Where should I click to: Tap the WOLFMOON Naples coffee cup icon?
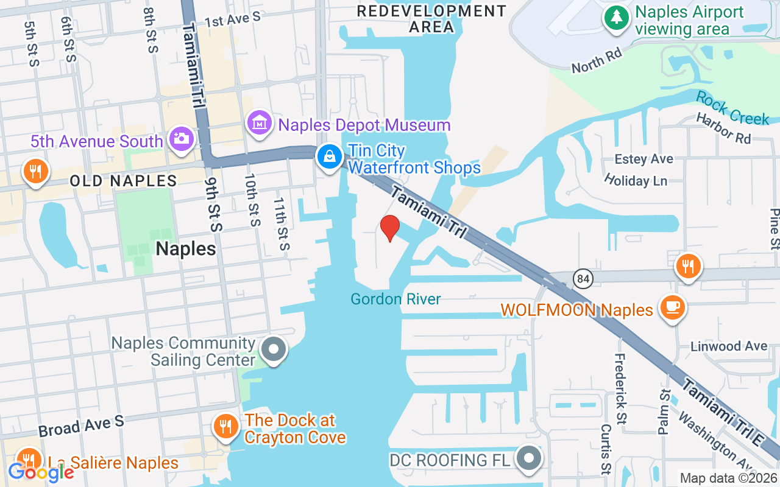coord(673,308)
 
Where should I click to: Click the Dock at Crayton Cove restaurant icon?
coord(226,426)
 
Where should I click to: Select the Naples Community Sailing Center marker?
coord(274,350)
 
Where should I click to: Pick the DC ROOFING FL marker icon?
coord(528,458)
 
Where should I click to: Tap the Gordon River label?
coord(395,299)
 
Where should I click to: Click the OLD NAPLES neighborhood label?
coord(123,181)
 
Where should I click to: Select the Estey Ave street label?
coord(644,159)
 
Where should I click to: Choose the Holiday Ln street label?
coord(636,180)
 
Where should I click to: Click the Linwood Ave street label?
coord(729,346)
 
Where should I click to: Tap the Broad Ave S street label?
coord(81,426)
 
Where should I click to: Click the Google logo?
coord(40,472)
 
